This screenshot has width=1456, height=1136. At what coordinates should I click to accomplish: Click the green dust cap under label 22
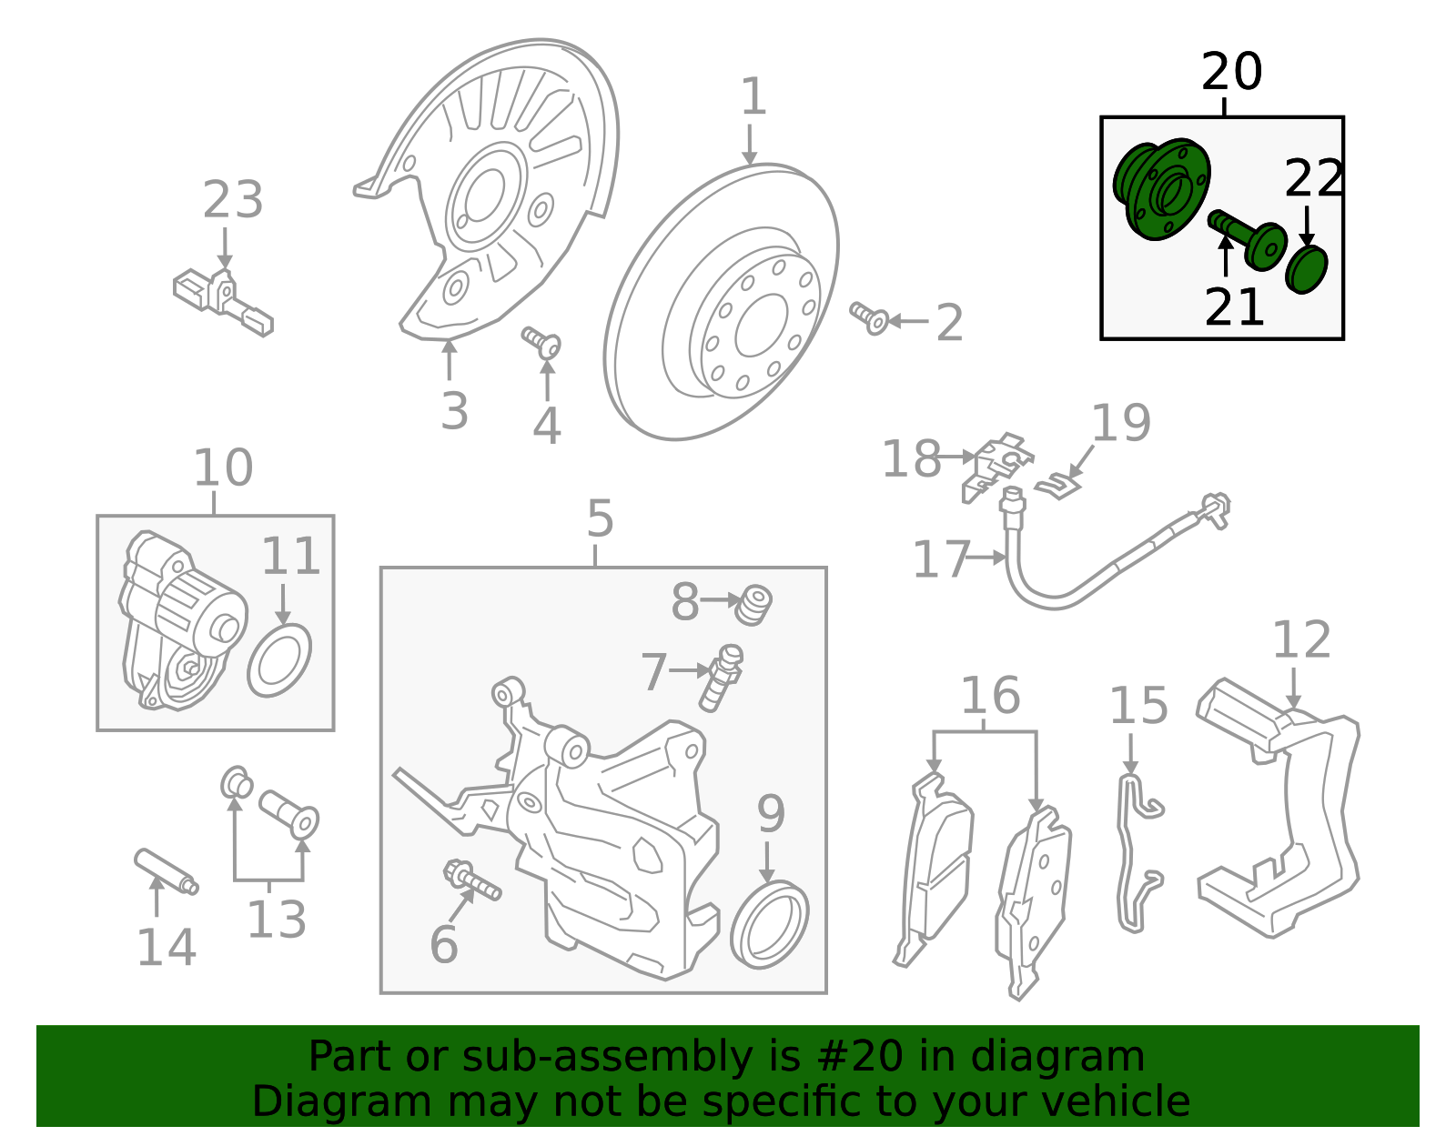tap(1306, 269)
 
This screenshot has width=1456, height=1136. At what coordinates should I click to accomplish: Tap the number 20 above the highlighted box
tap(1231, 72)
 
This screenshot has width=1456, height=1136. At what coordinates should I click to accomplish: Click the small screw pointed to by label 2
tap(869, 317)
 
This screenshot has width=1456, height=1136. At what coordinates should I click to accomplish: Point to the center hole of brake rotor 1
tap(761, 326)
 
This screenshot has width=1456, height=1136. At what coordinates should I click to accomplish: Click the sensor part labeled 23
tap(222, 298)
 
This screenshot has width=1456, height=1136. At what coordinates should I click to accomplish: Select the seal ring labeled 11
tap(278, 660)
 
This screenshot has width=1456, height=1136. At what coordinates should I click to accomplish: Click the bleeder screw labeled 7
tap(721, 678)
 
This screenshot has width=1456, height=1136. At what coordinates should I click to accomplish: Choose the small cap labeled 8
tap(753, 604)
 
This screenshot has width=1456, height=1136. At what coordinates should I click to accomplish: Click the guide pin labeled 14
tap(166, 871)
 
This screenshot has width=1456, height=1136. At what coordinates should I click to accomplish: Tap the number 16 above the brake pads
tap(990, 696)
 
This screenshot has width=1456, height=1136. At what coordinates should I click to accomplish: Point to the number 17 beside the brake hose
tap(941, 558)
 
